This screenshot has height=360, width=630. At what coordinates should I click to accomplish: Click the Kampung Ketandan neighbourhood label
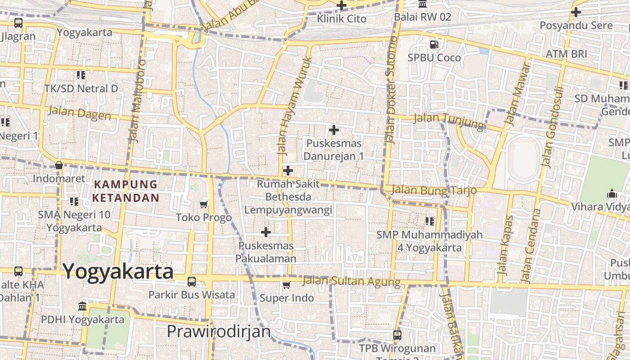tap(126, 191)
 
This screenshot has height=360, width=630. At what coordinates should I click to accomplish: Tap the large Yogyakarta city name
tap(118, 271)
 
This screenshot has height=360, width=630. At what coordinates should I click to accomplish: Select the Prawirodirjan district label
tap(219, 332)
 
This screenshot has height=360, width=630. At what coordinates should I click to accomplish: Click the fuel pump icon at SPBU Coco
tap(434, 45)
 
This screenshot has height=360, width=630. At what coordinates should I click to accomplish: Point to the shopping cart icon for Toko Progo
tap(204, 205)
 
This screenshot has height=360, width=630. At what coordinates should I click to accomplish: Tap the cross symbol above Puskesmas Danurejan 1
tap(333, 130)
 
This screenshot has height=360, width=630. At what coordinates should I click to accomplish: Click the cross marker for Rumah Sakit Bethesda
tap(288, 171)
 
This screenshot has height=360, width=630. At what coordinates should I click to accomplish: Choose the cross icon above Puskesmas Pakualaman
tap(266, 232)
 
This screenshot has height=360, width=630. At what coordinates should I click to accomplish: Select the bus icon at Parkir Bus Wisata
tap(192, 282)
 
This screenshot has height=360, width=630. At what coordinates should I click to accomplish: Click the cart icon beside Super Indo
tap(286, 285)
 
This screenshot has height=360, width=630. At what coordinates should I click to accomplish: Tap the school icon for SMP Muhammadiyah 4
tap(429, 221)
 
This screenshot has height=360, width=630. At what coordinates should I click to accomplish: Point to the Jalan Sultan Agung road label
tap(351, 281)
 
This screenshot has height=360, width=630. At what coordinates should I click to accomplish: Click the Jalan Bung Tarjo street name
tap(433, 190)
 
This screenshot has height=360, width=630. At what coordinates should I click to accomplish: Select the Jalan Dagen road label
tap(79, 113)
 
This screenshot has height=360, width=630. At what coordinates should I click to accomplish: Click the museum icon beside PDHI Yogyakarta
tap(82, 306)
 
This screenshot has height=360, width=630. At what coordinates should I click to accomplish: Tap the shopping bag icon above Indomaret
tap(59, 165)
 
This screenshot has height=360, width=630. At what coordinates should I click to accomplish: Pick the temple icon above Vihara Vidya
tap(612, 194)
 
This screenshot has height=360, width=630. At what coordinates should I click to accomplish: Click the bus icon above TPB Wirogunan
tap(397, 335)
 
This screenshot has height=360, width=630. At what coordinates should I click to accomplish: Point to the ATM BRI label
tap(566, 54)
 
